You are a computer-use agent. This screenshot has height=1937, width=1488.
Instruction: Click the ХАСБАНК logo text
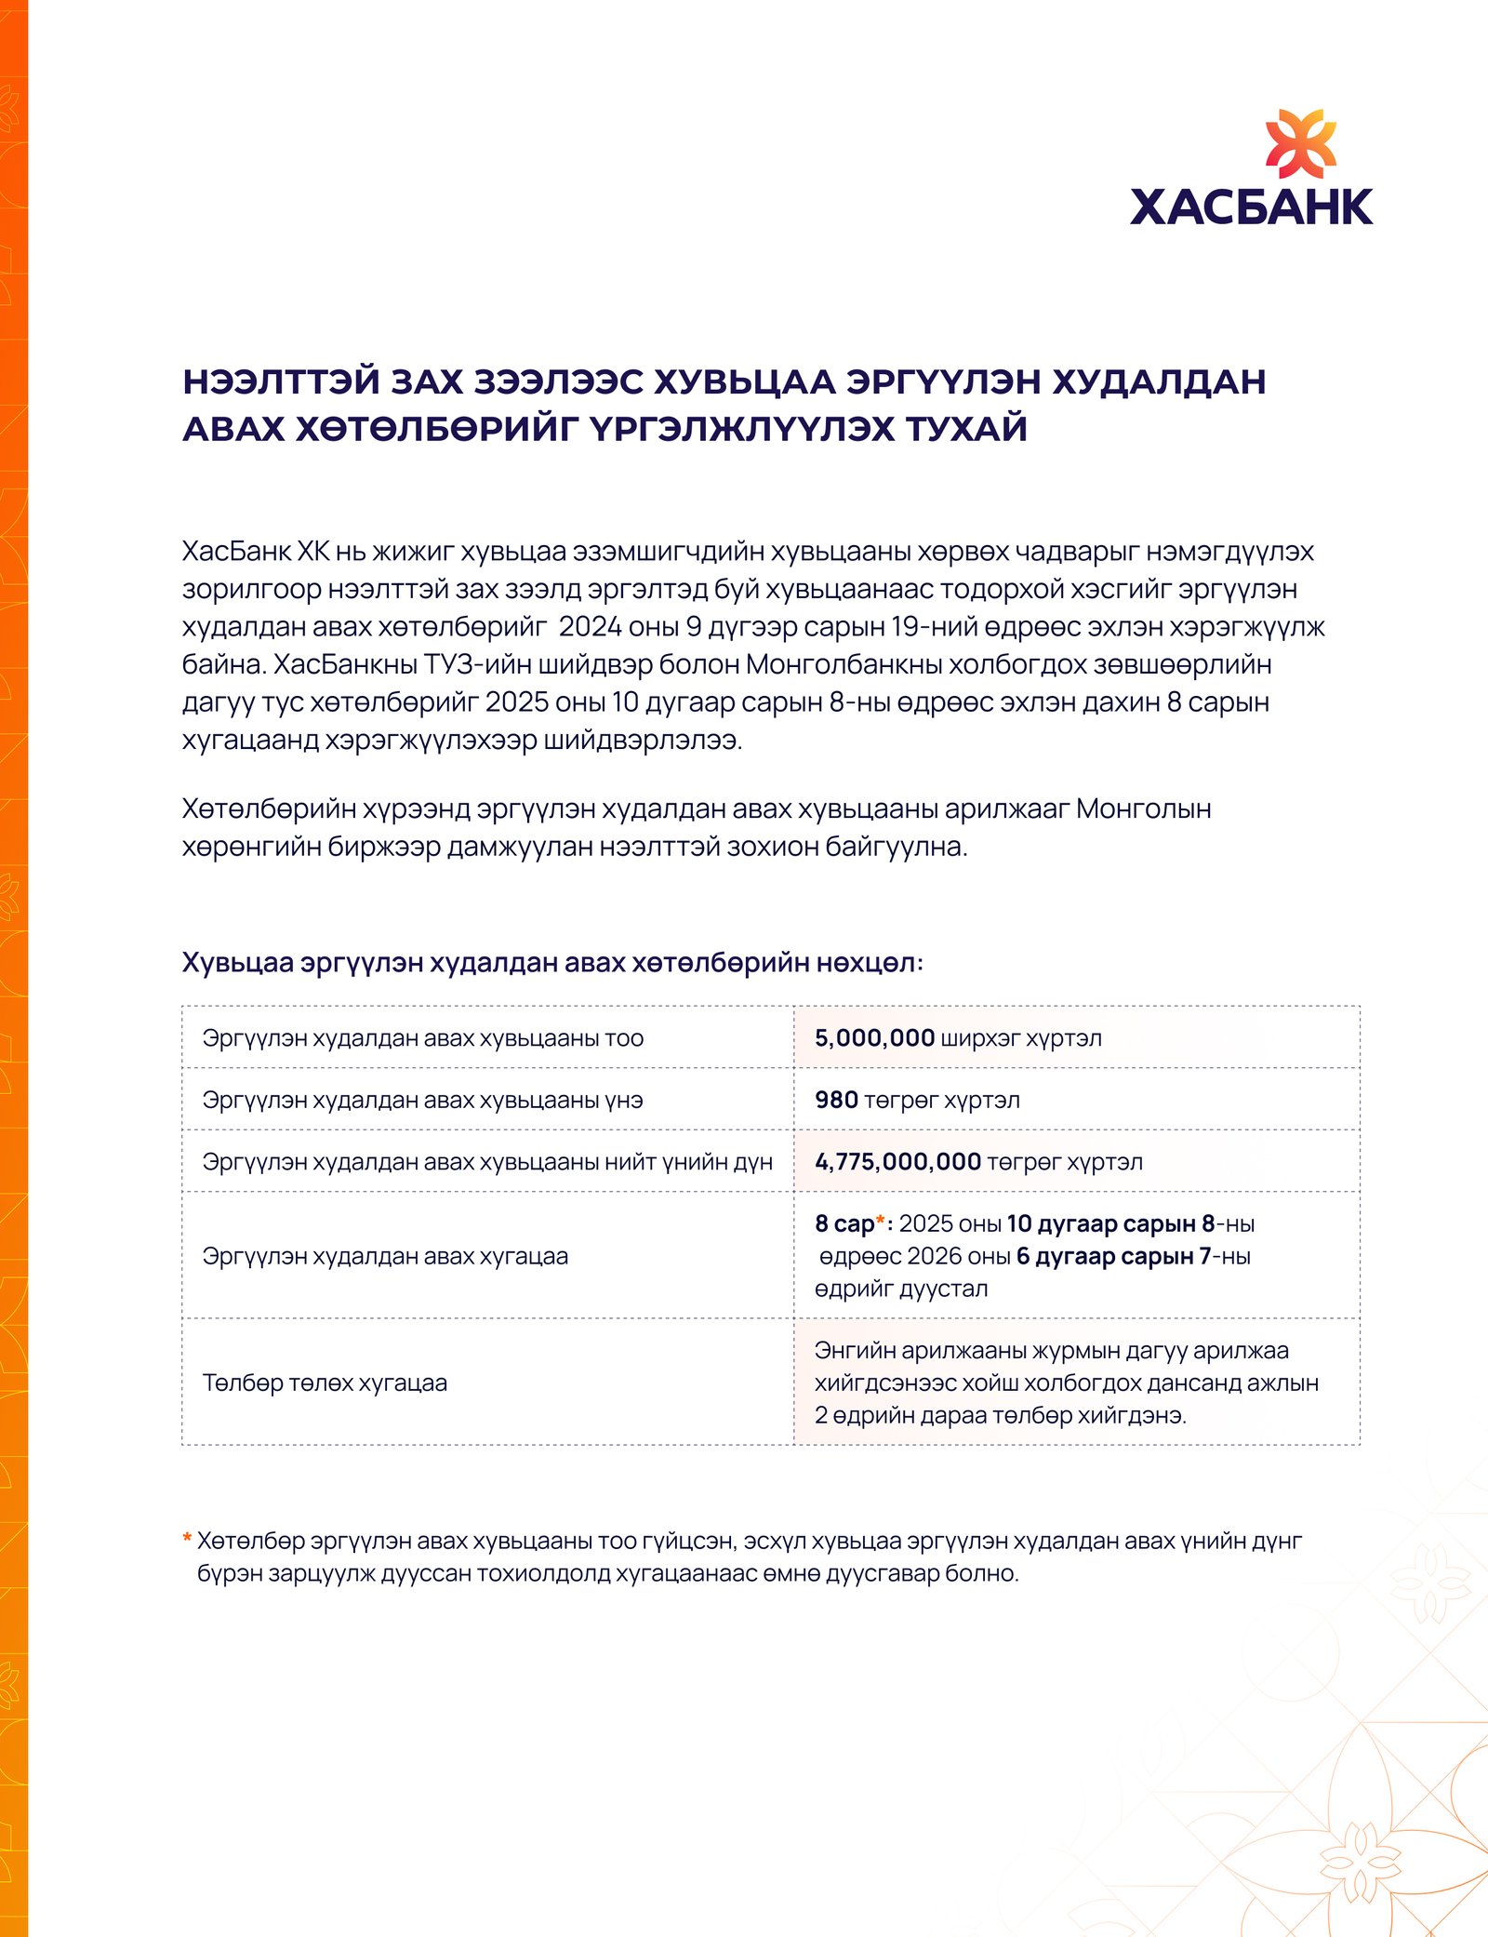(x=1251, y=207)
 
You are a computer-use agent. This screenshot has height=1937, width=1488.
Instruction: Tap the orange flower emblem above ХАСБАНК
(x=1300, y=144)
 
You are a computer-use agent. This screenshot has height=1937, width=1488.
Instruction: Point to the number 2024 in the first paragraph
(x=590, y=627)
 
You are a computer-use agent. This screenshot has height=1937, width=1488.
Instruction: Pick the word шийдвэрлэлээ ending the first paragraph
(x=643, y=741)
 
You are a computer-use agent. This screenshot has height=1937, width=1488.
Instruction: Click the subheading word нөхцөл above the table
(x=870, y=963)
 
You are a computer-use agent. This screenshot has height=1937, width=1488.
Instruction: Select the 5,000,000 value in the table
(x=874, y=1038)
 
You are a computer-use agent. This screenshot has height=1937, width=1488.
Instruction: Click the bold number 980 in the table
(x=836, y=1100)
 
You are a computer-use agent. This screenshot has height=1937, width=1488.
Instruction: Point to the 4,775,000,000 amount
(x=897, y=1162)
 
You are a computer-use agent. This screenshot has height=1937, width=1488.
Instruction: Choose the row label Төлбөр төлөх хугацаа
(x=325, y=1383)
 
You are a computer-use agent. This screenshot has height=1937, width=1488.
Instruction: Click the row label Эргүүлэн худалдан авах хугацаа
(x=385, y=1256)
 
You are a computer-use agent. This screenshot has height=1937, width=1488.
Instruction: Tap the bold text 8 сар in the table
(x=844, y=1224)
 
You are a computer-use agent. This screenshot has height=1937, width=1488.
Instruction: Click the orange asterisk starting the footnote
(x=187, y=1540)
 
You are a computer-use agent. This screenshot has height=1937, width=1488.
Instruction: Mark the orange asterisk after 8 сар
(x=880, y=1221)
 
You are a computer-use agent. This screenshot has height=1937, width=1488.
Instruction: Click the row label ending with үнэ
(x=422, y=1100)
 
